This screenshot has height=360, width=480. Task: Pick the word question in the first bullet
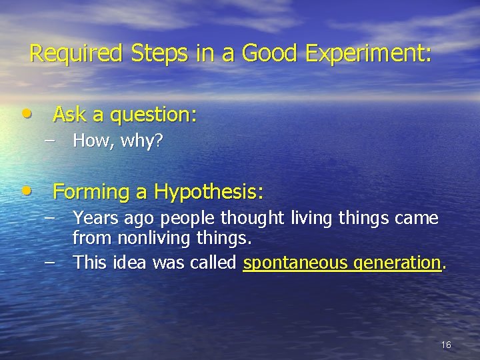[x=154, y=115]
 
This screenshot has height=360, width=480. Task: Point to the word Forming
[x=93, y=192]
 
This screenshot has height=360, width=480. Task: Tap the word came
[x=416, y=218]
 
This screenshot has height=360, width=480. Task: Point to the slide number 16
[x=446, y=345]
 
